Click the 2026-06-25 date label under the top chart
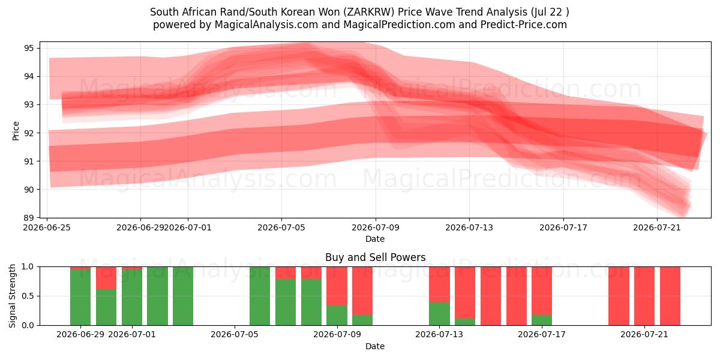(x=47, y=227)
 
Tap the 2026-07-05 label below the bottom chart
(x=235, y=334)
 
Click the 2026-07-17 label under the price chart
(x=563, y=227)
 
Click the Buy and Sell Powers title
(x=375, y=257)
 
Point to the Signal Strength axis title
(x=12, y=296)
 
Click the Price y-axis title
(x=16, y=131)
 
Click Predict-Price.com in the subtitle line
(x=524, y=25)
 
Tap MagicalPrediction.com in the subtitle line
(x=399, y=25)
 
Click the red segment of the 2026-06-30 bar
(x=106, y=278)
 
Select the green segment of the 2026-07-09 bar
(x=337, y=315)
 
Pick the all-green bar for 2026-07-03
(x=183, y=296)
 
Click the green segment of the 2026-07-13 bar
(x=439, y=314)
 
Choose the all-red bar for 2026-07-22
(x=670, y=296)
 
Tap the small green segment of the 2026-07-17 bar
(x=542, y=320)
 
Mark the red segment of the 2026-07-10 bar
(x=362, y=291)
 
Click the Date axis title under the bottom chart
(x=375, y=346)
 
